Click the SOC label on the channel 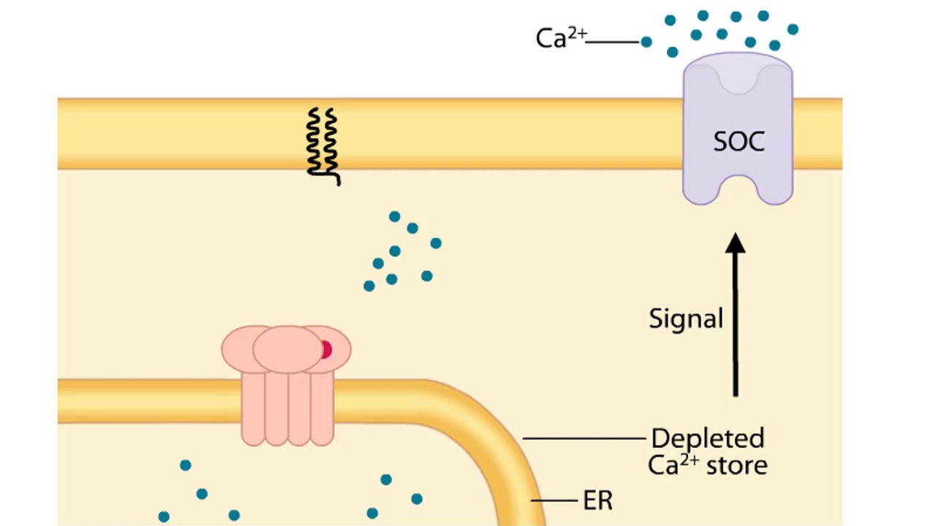click(739, 141)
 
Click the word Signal click(686, 319)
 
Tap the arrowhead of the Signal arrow click(736, 243)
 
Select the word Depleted click(707, 438)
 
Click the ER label click(598, 501)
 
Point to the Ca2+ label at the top click(560, 38)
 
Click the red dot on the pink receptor click(325, 350)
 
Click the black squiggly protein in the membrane click(322, 143)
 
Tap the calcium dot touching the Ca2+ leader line click(646, 42)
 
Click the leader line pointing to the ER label click(554, 501)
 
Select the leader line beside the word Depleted click(584, 439)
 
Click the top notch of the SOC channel click(738, 80)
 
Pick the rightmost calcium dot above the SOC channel click(793, 30)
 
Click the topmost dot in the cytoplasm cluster click(394, 216)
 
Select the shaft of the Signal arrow click(736, 329)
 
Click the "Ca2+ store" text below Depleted click(707, 465)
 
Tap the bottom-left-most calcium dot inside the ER click(164, 517)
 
